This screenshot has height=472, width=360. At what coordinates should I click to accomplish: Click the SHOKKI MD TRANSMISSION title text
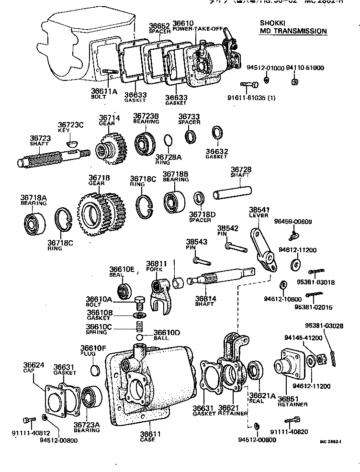293,27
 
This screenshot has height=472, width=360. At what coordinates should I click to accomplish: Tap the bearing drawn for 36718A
36,224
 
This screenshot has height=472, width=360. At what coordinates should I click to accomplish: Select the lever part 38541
262,248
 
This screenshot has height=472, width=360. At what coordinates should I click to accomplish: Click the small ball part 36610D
146,340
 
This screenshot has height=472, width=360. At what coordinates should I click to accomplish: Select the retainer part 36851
289,369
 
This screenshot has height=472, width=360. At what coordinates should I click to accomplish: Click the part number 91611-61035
249,99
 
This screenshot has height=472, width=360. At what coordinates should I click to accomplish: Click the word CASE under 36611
147,440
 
